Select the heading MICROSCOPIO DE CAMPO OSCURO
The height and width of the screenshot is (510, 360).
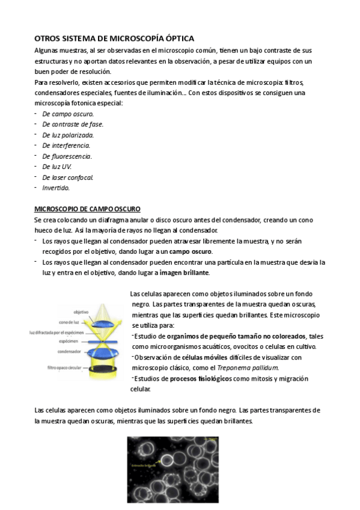pos(87,209)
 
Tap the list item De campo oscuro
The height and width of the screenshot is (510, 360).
pos(68,114)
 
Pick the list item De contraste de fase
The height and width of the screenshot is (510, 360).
pos(73,124)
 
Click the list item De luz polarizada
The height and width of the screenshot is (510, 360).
pos(68,135)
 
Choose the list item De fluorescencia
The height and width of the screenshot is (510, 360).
pos(67,156)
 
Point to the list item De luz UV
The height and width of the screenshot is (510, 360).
pos(57,166)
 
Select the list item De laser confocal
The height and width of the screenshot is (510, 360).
pos(68,177)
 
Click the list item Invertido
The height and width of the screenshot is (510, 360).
pos(56,187)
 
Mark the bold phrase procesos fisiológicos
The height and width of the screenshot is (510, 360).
pos(200,378)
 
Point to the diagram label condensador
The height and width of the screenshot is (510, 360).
pos(70,351)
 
